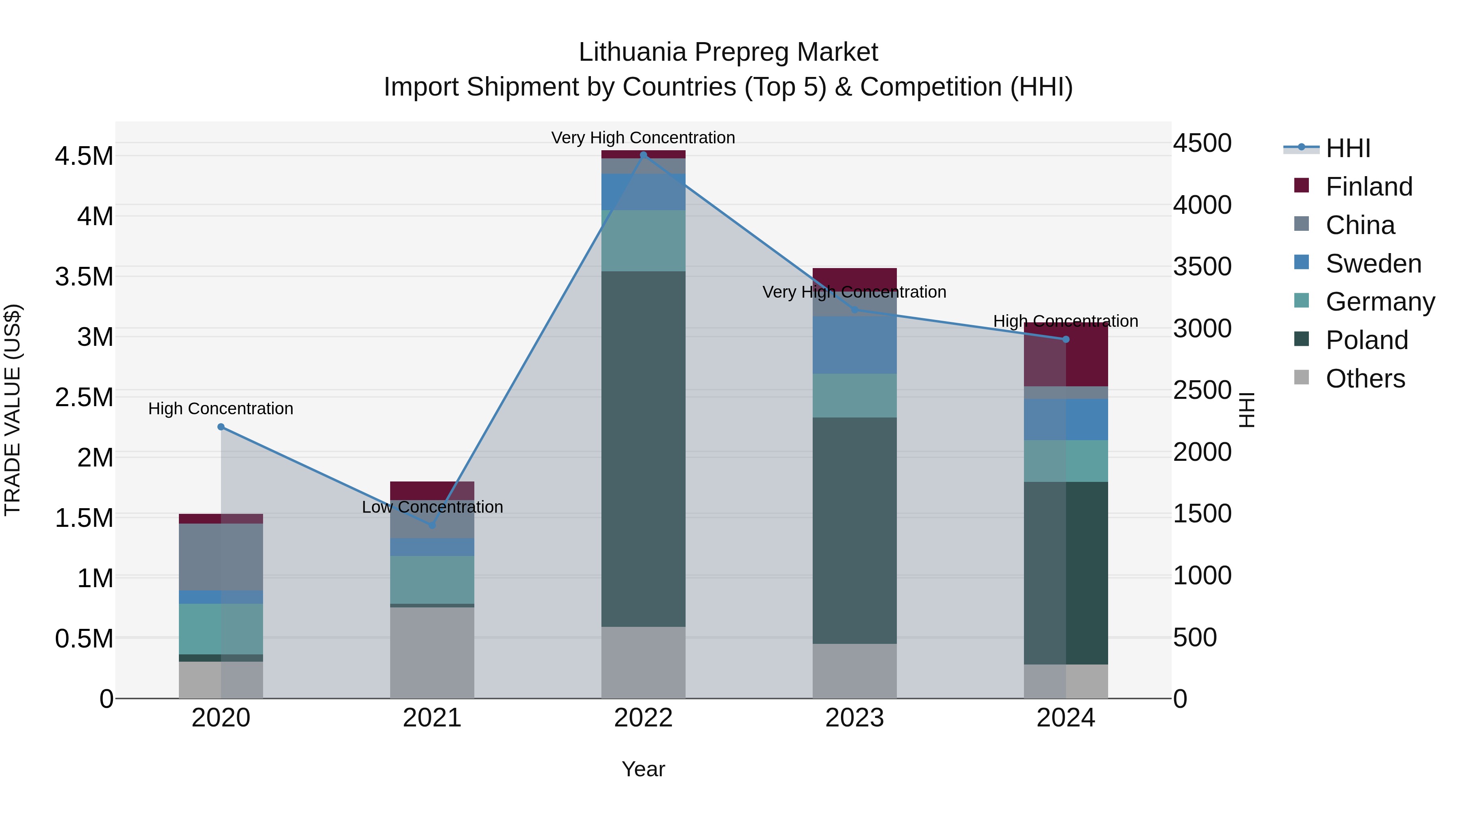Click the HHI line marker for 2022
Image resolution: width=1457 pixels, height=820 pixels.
coord(643,155)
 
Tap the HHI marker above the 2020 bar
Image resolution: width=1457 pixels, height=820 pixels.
coord(221,427)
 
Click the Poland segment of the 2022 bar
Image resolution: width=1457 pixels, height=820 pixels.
coord(643,448)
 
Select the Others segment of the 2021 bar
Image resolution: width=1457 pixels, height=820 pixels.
coord(432,652)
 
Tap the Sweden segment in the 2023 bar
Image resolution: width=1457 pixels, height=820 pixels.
coord(855,344)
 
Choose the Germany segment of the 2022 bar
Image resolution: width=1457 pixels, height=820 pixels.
coord(643,241)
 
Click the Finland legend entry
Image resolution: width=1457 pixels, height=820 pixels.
coord(1369,187)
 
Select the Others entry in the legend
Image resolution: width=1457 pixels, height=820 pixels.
coord(1365,379)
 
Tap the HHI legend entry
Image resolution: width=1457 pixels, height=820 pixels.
coord(1348,148)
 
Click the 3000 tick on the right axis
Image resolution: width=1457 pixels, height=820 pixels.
coord(1202,328)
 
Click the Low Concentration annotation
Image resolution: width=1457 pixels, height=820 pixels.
coord(432,507)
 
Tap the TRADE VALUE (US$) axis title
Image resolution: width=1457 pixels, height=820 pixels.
coord(13,410)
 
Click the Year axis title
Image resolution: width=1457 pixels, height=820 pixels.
coord(643,769)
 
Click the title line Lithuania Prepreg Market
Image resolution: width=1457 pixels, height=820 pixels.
coord(728,52)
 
